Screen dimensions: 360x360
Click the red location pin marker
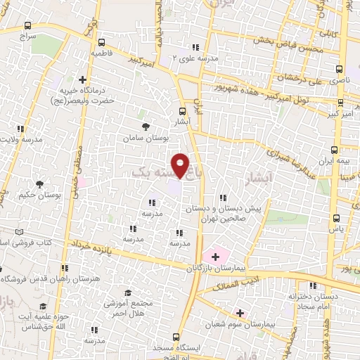[181, 165]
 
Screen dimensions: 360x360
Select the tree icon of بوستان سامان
[146, 127]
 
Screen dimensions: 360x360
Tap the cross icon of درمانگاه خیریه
[83, 79]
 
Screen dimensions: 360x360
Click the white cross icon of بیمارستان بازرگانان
[214, 257]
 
